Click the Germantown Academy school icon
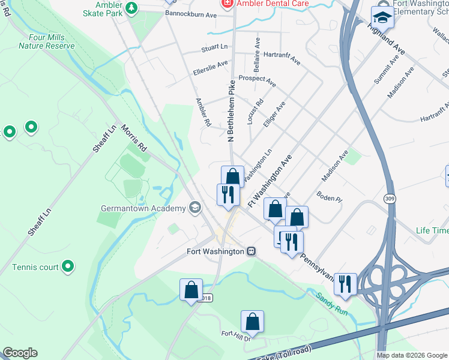tap(194, 208)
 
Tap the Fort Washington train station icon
tap(252, 251)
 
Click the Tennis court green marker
tap(68, 265)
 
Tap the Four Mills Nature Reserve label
tap(42, 41)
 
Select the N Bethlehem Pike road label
tap(231, 111)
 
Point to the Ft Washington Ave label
tap(270, 181)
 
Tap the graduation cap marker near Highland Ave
tap(382, 16)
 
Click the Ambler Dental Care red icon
tap(226, 4)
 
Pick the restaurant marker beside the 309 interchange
tap(345, 284)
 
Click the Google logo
tap(20, 353)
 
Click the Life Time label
tap(432, 230)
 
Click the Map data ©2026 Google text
tap(412, 355)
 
